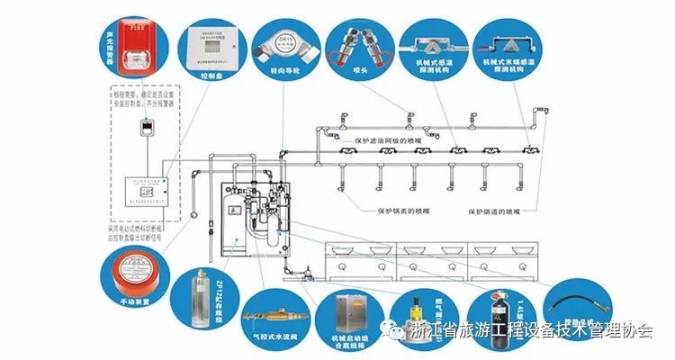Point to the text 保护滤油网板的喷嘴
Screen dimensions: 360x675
tap(379, 139)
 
